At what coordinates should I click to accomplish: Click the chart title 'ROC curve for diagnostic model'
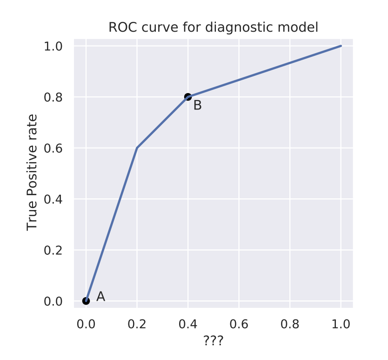[213, 27]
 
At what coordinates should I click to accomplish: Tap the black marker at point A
[86, 301]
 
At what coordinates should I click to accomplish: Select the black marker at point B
[188, 97]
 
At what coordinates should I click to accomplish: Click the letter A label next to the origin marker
[100, 297]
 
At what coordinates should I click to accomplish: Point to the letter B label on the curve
[197, 106]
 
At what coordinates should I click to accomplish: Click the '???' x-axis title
[213, 341]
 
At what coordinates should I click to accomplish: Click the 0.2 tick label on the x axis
[137, 324]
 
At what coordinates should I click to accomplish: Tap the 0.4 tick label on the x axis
[188, 324]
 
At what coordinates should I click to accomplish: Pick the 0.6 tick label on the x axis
[239, 324]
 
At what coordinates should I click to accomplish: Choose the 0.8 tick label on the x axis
[290, 324]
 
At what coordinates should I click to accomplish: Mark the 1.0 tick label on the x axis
[341, 324]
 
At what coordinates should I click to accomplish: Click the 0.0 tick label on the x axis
[86, 324]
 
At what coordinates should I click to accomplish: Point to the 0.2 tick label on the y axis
[53, 250]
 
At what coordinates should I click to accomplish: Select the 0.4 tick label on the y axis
[53, 199]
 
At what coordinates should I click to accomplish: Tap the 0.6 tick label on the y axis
[53, 148]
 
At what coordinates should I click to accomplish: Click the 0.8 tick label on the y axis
[53, 97]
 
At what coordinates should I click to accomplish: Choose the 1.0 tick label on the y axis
[53, 46]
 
